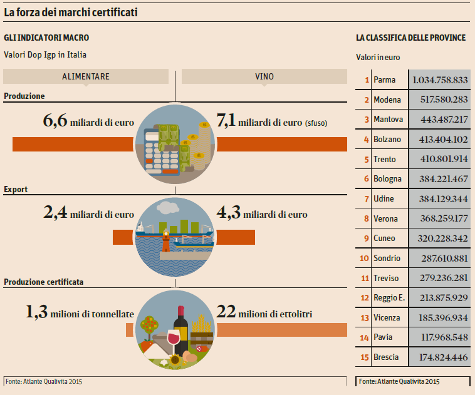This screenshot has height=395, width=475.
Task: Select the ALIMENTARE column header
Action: [x=86, y=76]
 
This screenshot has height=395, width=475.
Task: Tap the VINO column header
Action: [x=264, y=76]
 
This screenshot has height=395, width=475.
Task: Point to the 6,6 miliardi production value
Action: [x=88, y=121]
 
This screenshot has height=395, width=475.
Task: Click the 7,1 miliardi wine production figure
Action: [x=269, y=121]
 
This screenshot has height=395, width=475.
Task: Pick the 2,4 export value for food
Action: [x=88, y=213]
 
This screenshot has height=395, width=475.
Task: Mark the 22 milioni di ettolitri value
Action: [x=264, y=312]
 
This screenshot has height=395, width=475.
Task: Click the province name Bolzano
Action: [x=387, y=139]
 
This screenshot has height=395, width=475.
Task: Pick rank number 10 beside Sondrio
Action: [x=364, y=258]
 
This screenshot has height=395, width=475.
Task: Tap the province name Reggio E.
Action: [x=388, y=298]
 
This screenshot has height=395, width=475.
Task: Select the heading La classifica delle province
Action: [x=410, y=38]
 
